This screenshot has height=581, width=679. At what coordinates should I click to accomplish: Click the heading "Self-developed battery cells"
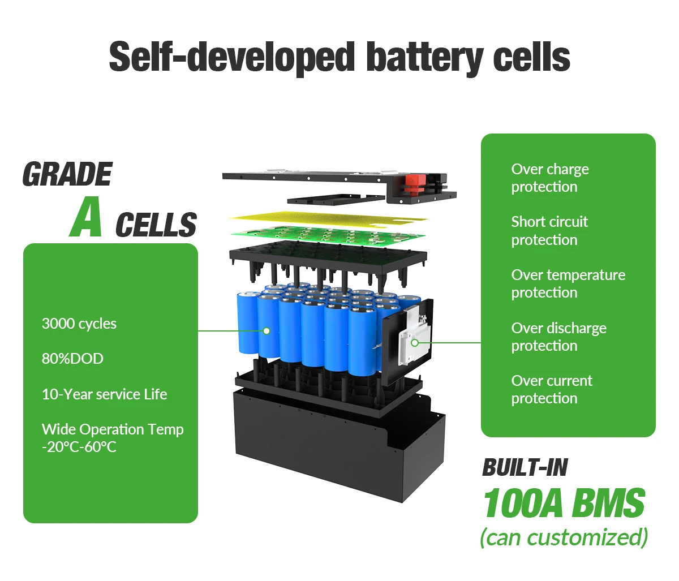339,57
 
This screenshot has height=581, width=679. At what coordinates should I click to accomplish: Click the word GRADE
67,174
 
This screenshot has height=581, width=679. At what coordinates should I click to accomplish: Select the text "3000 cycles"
79,324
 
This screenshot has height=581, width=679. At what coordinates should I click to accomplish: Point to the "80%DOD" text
72,359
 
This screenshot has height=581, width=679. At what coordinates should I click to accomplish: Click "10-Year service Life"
105,394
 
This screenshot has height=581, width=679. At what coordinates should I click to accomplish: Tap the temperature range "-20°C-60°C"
79,447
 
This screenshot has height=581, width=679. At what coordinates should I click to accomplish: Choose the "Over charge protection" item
550,178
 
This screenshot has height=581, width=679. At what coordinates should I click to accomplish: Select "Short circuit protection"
549,230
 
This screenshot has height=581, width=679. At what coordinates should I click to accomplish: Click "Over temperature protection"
568,283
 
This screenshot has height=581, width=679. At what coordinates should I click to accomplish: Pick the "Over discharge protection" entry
558,337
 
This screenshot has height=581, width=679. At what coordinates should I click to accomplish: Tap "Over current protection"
552,389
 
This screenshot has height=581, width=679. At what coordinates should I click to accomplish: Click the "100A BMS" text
564,503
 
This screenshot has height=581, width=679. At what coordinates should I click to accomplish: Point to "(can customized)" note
564,537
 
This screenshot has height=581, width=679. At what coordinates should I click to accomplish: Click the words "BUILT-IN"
525,468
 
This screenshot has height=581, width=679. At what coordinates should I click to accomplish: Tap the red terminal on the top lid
415,182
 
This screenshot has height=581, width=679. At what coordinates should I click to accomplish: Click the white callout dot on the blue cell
267,331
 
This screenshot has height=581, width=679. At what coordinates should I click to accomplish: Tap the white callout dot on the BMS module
415,343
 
